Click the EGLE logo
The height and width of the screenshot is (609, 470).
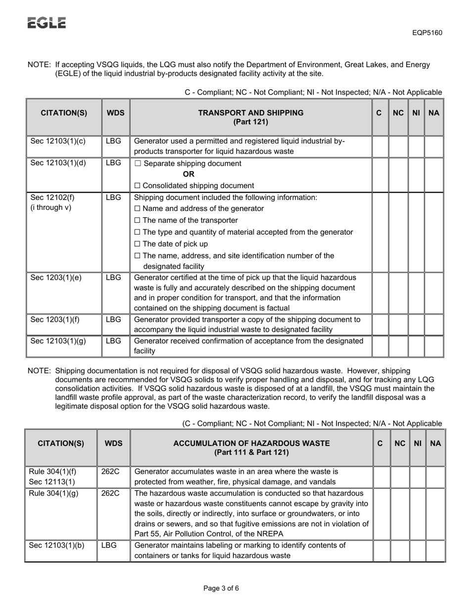coord(47,23)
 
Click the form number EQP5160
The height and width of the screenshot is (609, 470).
coord(427,33)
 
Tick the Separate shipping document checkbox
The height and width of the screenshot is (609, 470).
coord(138,164)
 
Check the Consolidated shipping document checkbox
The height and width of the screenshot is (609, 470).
coord(138,186)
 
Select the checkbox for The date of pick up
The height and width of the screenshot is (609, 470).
coord(138,244)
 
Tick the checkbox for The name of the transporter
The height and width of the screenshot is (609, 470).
coord(138,220)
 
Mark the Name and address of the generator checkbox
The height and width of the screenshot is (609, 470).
coord(138,209)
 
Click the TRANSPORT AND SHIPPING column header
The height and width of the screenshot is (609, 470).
coord(251,117)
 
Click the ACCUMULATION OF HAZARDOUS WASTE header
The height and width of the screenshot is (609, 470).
coord(251,448)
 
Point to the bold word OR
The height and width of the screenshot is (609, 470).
coord(188,174)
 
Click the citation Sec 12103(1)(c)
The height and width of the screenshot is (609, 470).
coord(58,141)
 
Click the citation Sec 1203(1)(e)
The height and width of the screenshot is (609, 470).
coord(56,277)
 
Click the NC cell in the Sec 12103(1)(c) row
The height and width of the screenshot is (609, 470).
coord(398,146)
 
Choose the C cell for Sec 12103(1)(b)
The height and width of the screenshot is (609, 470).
coord(381,551)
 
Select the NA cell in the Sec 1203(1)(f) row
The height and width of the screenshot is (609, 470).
coord(434,324)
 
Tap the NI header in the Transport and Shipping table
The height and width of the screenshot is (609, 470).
coord(416,113)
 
